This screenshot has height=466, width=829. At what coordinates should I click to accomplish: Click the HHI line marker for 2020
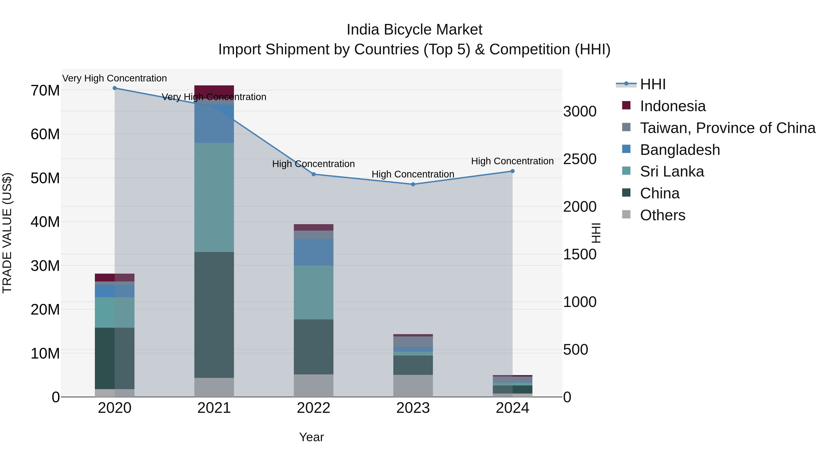pyautogui.click(x=115, y=88)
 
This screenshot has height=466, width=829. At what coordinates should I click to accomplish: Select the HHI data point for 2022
pyautogui.click(x=313, y=174)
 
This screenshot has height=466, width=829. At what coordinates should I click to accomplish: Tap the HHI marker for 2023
pyautogui.click(x=413, y=184)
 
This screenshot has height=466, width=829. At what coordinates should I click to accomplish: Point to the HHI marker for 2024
pyautogui.click(x=512, y=171)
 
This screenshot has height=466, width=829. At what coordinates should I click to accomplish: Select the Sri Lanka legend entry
pyautogui.click(x=672, y=171)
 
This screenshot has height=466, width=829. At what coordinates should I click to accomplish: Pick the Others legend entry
pyautogui.click(x=662, y=215)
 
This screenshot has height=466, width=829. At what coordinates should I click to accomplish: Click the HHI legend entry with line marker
pyautogui.click(x=652, y=84)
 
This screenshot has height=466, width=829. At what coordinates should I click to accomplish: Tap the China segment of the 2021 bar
pyautogui.click(x=214, y=315)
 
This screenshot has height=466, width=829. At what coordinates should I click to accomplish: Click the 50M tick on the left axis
pyautogui.click(x=45, y=178)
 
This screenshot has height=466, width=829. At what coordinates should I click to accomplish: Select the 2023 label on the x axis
pyautogui.click(x=413, y=408)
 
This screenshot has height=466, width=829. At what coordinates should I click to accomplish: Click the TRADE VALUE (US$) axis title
pyautogui.click(x=7, y=233)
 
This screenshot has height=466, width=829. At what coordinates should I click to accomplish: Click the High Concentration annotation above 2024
pyautogui.click(x=512, y=161)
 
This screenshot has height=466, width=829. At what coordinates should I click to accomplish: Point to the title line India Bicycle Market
pyautogui.click(x=414, y=30)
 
